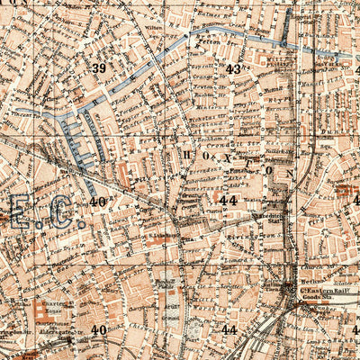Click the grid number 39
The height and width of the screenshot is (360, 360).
99,67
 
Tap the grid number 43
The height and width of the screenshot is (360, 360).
233,68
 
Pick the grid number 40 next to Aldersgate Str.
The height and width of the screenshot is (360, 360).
98,329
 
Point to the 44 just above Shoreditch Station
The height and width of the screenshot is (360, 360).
229,200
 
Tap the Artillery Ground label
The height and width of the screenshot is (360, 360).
171,310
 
